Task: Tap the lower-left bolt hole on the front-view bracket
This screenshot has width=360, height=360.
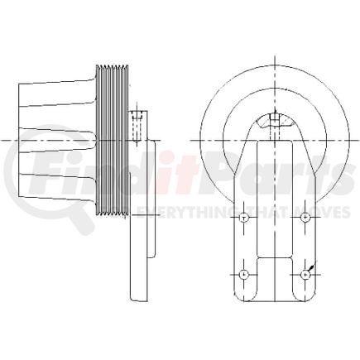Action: pyautogui.click(x=244, y=274)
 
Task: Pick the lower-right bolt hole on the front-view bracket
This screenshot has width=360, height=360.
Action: pyautogui.click(x=305, y=274)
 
